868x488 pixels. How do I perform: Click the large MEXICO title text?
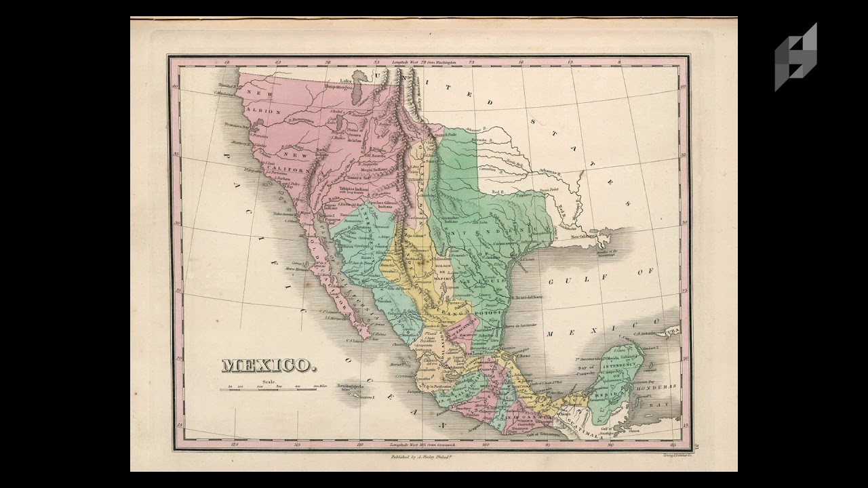click(269, 365)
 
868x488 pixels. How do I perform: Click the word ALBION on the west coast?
click(267, 110)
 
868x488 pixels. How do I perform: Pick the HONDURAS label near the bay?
click(656, 387)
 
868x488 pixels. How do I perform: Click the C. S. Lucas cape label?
click(357, 341)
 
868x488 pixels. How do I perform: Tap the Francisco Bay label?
click(238, 125)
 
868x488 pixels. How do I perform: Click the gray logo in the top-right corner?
click(796, 57)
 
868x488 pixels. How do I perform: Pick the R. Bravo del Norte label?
click(528, 297)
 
